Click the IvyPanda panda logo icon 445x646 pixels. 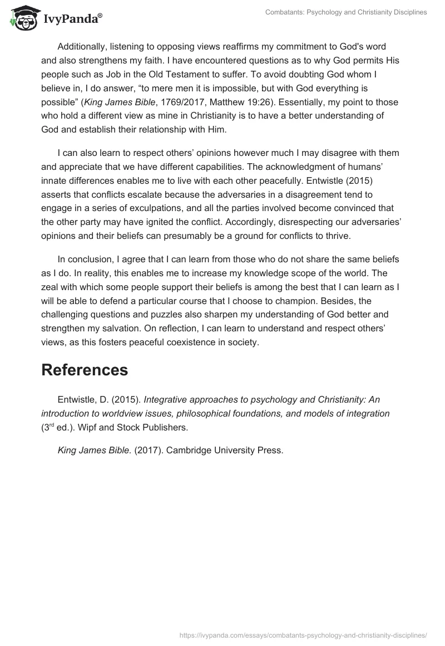(23, 18)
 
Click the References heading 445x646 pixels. (85, 370)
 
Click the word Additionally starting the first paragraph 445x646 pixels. (83, 47)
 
